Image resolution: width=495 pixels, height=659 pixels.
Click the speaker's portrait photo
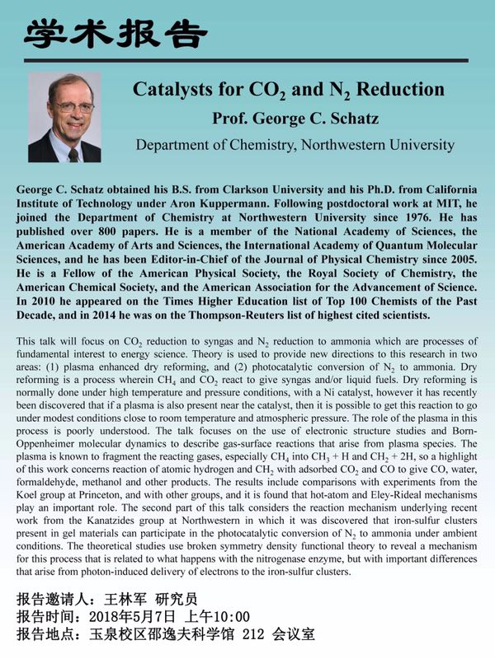click(x=65, y=118)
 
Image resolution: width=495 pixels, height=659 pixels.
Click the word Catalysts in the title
click(x=173, y=89)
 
